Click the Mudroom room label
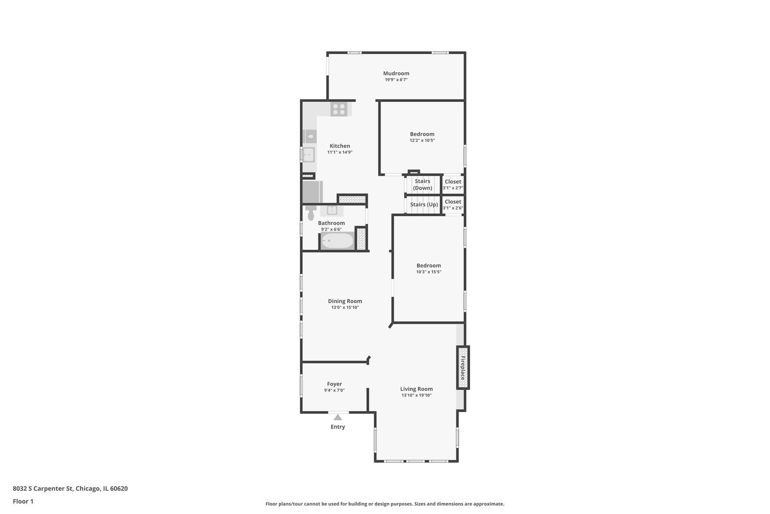click(x=396, y=73)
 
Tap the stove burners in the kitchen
click(x=338, y=109)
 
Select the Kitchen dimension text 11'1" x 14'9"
click(x=339, y=152)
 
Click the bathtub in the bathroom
click(x=337, y=241)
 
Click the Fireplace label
click(x=463, y=367)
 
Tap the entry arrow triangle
click(x=337, y=417)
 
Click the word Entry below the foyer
click(x=337, y=427)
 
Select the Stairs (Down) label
click(x=422, y=184)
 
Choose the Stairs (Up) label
click(x=424, y=205)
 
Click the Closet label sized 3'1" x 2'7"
click(x=453, y=182)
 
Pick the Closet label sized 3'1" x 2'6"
click(x=453, y=202)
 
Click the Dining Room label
click(x=345, y=301)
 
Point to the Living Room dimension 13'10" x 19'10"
click(x=416, y=395)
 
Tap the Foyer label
click(x=334, y=384)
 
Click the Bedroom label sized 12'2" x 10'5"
click(x=422, y=134)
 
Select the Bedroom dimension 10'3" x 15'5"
click(x=428, y=272)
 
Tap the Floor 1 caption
click(x=23, y=501)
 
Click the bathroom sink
click(x=331, y=210)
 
